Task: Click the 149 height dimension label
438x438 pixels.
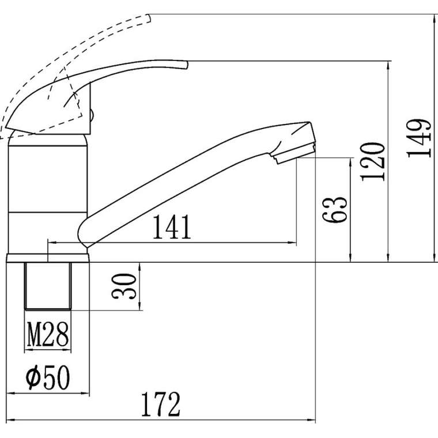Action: pyautogui.click(x=419, y=138)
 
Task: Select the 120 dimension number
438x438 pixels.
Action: pyautogui.click(x=373, y=162)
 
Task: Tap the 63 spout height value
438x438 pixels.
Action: pyautogui.click(x=335, y=210)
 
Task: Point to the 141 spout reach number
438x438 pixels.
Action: pyautogui.click(x=172, y=226)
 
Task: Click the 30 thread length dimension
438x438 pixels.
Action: pyautogui.click(x=124, y=286)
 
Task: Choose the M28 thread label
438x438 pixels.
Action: pyautogui.click(x=48, y=334)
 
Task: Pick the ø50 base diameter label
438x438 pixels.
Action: pyautogui.click(x=47, y=377)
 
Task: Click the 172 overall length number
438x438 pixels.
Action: pyautogui.click(x=161, y=405)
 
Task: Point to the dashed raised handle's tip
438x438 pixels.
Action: pyautogui.click(x=149, y=18)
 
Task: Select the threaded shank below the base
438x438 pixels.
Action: pyautogui.click(x=48, y=286)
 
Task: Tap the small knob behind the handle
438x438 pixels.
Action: pyautogui.click(x=92, y=115)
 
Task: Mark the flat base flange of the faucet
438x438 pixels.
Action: pyautogui.click(x=47, y=258)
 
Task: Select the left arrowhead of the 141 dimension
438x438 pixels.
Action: pyautogui.click(x=52, y=243)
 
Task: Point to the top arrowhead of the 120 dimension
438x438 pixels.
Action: pyautogui.click(x=388, y=65)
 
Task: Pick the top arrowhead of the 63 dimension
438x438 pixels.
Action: pyautogui.click(x=350, y=163)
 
